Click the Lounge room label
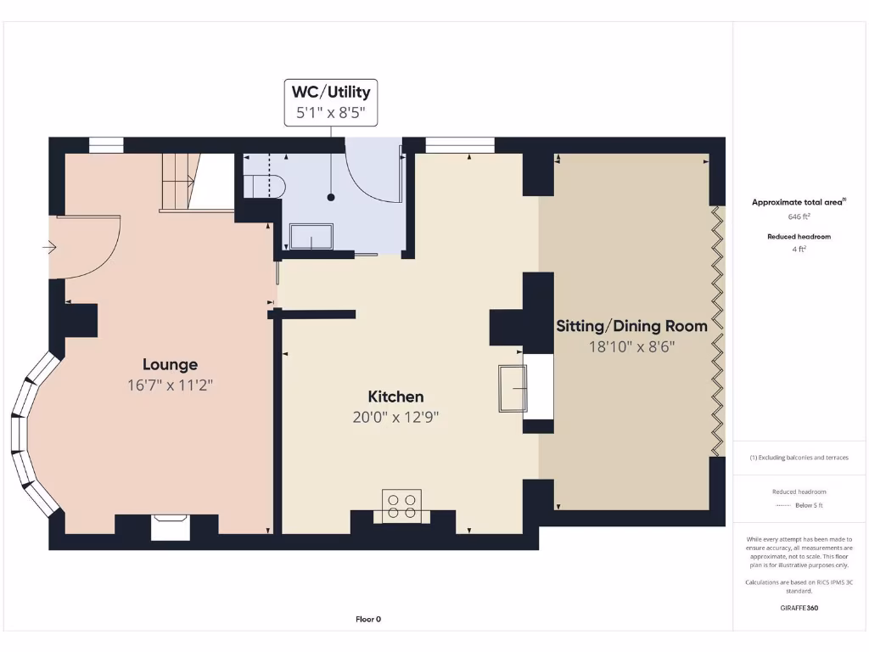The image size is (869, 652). click(x=170, y=364)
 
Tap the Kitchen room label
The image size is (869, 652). click(x=395, y=396)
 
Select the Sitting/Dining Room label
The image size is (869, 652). click(x=631, y=326)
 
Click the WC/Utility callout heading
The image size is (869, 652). click(x=331, y=92)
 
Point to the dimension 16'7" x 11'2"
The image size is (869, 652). click(x=170, y=385)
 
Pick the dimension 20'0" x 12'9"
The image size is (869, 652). click(x=395, y=417)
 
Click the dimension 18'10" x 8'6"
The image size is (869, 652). click(x=631, y=346)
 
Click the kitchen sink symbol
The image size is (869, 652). click(x=513, y=388)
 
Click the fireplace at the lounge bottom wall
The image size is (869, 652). click(x=171, y=526)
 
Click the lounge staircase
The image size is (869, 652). click(x=180, y=181)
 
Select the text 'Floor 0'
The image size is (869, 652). click(x=368, y=619)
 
